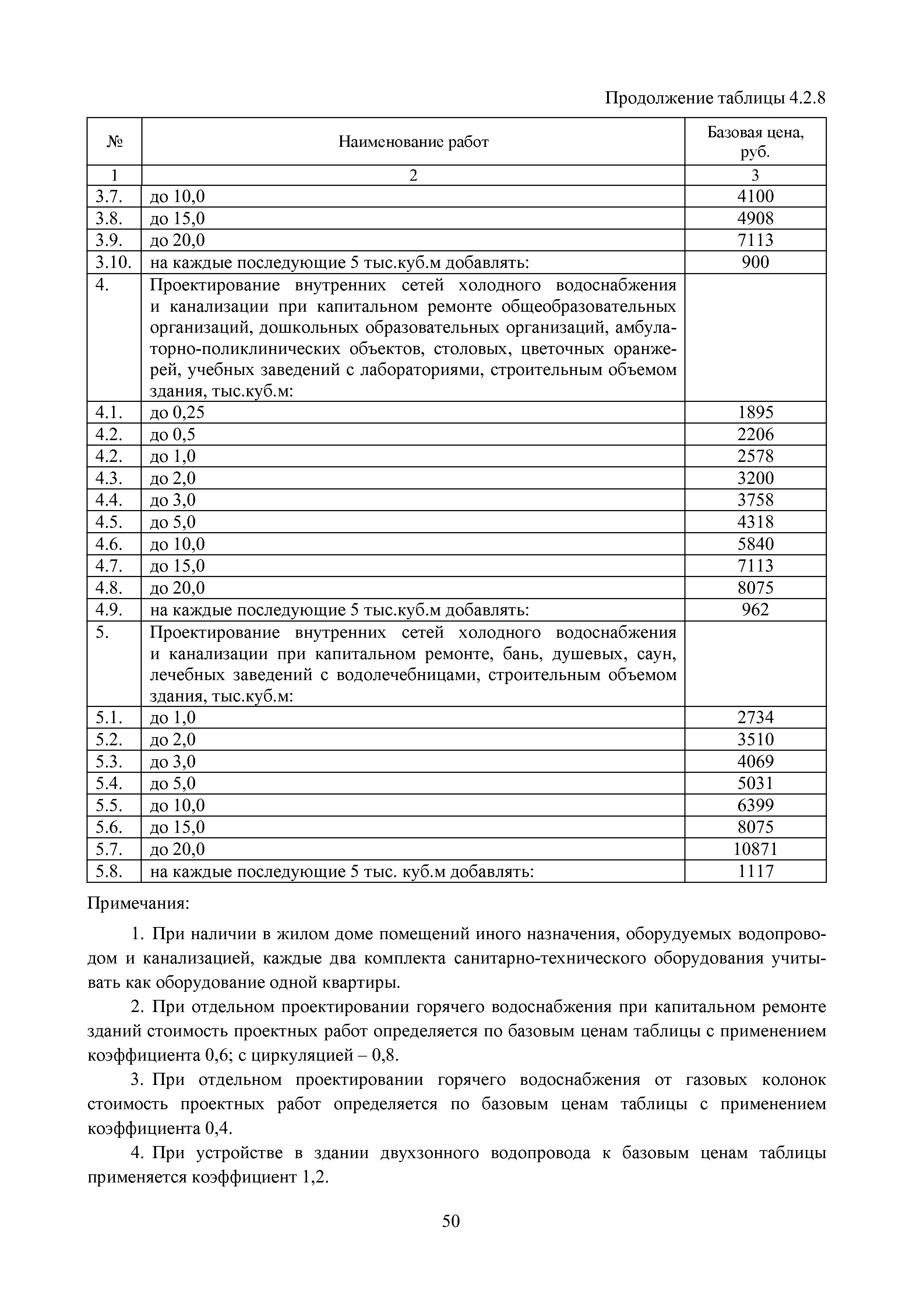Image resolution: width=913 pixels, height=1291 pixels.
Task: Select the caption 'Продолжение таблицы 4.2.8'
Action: tap(715, 98)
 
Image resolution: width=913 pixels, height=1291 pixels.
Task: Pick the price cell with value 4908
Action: tap(755, 218)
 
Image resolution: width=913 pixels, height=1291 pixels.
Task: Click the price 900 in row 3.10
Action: tap(755, 262)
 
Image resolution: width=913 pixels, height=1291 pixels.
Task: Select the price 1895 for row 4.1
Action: tap(755, 413)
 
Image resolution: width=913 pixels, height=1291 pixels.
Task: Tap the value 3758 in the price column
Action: tap(755, 500)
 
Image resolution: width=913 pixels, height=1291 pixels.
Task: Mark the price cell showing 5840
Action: tap(755, 544)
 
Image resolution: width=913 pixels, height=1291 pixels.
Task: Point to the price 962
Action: tap(755, 609)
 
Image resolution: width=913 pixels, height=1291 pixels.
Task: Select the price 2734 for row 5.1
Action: tap(755, 718)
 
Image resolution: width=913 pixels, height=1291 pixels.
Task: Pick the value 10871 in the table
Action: tap(755, 849)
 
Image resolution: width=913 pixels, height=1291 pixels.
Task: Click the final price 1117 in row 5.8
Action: tap(755, 871)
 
